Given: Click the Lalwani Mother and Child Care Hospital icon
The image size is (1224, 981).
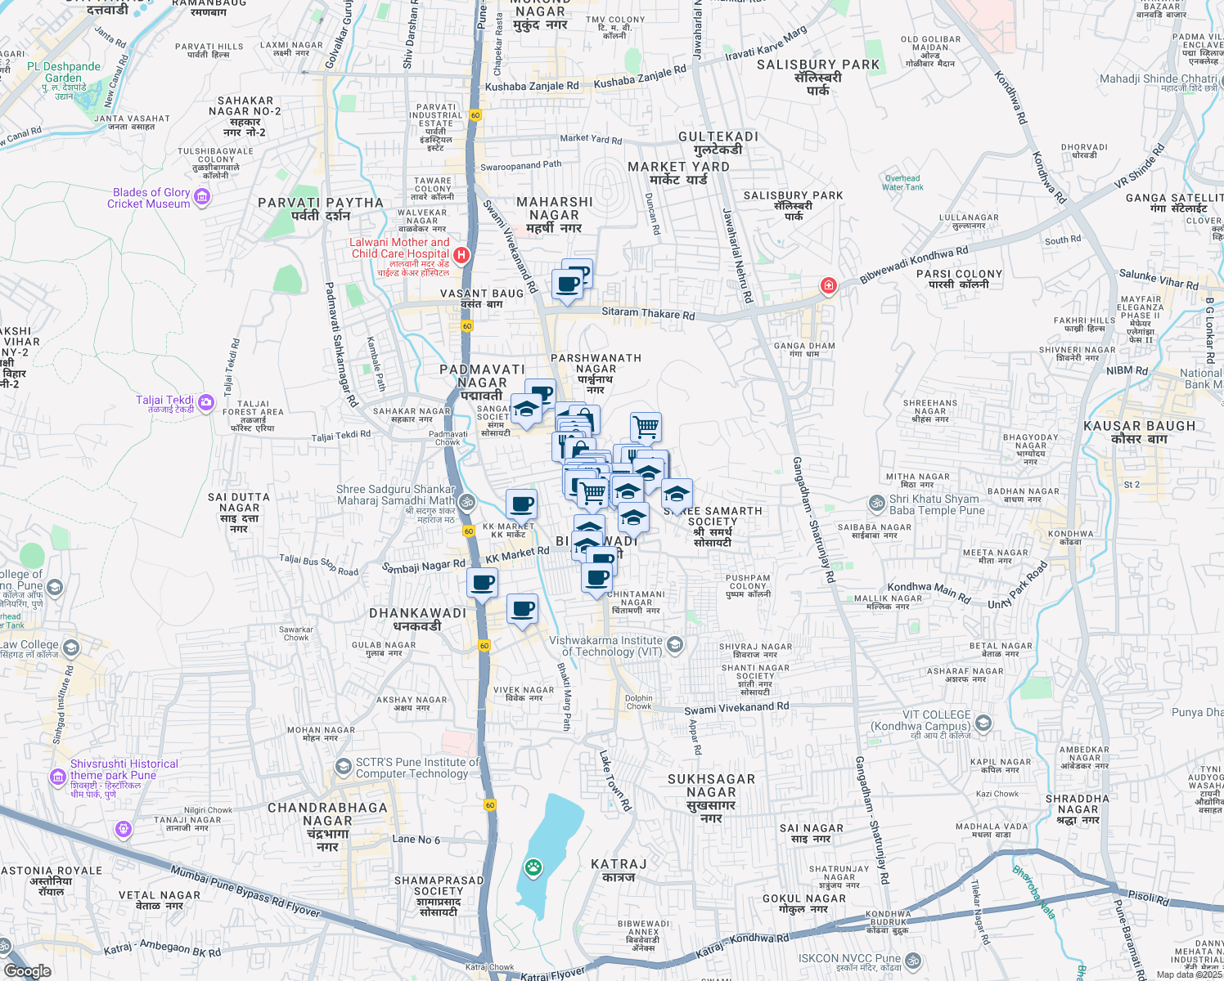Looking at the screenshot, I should point(461,255).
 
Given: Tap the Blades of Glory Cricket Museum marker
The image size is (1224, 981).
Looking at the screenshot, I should point(202,197).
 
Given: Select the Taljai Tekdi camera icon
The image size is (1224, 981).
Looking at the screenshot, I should point(206,401).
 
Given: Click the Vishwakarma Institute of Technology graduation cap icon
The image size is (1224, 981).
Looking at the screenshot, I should point(674,645).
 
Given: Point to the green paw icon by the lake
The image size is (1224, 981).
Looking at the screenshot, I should point(533,867).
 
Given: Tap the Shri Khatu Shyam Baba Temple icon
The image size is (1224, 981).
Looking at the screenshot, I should point(877,502).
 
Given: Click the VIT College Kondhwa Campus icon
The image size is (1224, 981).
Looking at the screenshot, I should point(983,723).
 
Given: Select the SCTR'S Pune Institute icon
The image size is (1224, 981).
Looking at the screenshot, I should point(344,766).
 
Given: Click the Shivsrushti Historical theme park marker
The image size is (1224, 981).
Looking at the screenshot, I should point(57,776).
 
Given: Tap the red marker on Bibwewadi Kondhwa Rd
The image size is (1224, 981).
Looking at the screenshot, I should point(828,285).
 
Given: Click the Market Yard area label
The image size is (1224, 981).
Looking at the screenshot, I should point(678,167).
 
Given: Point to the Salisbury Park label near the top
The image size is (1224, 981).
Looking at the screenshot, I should point(817,65).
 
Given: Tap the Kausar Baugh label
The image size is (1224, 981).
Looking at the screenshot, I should point(1139,426).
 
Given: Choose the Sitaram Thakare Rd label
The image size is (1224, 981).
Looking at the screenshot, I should point(648,313).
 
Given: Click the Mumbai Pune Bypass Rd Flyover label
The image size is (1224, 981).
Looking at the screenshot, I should point(245,891).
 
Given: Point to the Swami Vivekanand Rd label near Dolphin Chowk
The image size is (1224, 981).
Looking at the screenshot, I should point(736,708).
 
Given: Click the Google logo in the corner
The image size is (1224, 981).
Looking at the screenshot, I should point(27,970).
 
